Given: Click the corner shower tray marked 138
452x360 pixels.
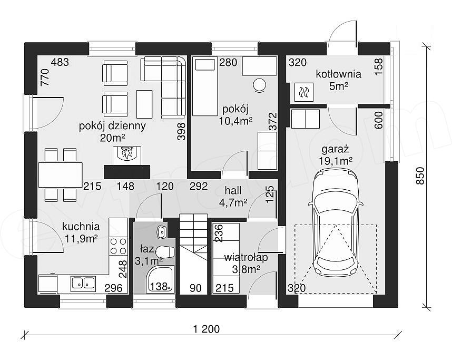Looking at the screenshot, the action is click(x=160, y=280).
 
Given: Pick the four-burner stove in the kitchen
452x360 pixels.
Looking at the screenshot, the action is click(x=118, y=246).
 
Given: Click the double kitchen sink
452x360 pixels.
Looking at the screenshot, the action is click(x=83, y=283).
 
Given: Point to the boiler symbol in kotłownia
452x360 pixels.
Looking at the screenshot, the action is click(x=304, y=92).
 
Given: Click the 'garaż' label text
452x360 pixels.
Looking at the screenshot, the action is click(x=335, y=149).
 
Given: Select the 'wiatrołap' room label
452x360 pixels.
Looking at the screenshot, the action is click(x=246, y=257).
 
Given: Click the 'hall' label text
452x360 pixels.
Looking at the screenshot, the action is click(x=233, y=190).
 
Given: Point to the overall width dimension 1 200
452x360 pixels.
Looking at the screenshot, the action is click(x=207, y=328).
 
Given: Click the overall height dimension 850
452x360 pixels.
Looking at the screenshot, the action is click(x=420, y=176).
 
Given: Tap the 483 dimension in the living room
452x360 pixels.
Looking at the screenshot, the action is click(x=60, y=62).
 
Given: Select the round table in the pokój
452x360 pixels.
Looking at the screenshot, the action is click(x=259, y=84).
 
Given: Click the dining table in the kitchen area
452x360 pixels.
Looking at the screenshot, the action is click(x=61, y=175).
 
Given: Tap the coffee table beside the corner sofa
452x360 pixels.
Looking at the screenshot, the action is click(x=144, y=104).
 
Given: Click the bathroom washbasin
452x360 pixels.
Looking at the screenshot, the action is click(x=161, y=231).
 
